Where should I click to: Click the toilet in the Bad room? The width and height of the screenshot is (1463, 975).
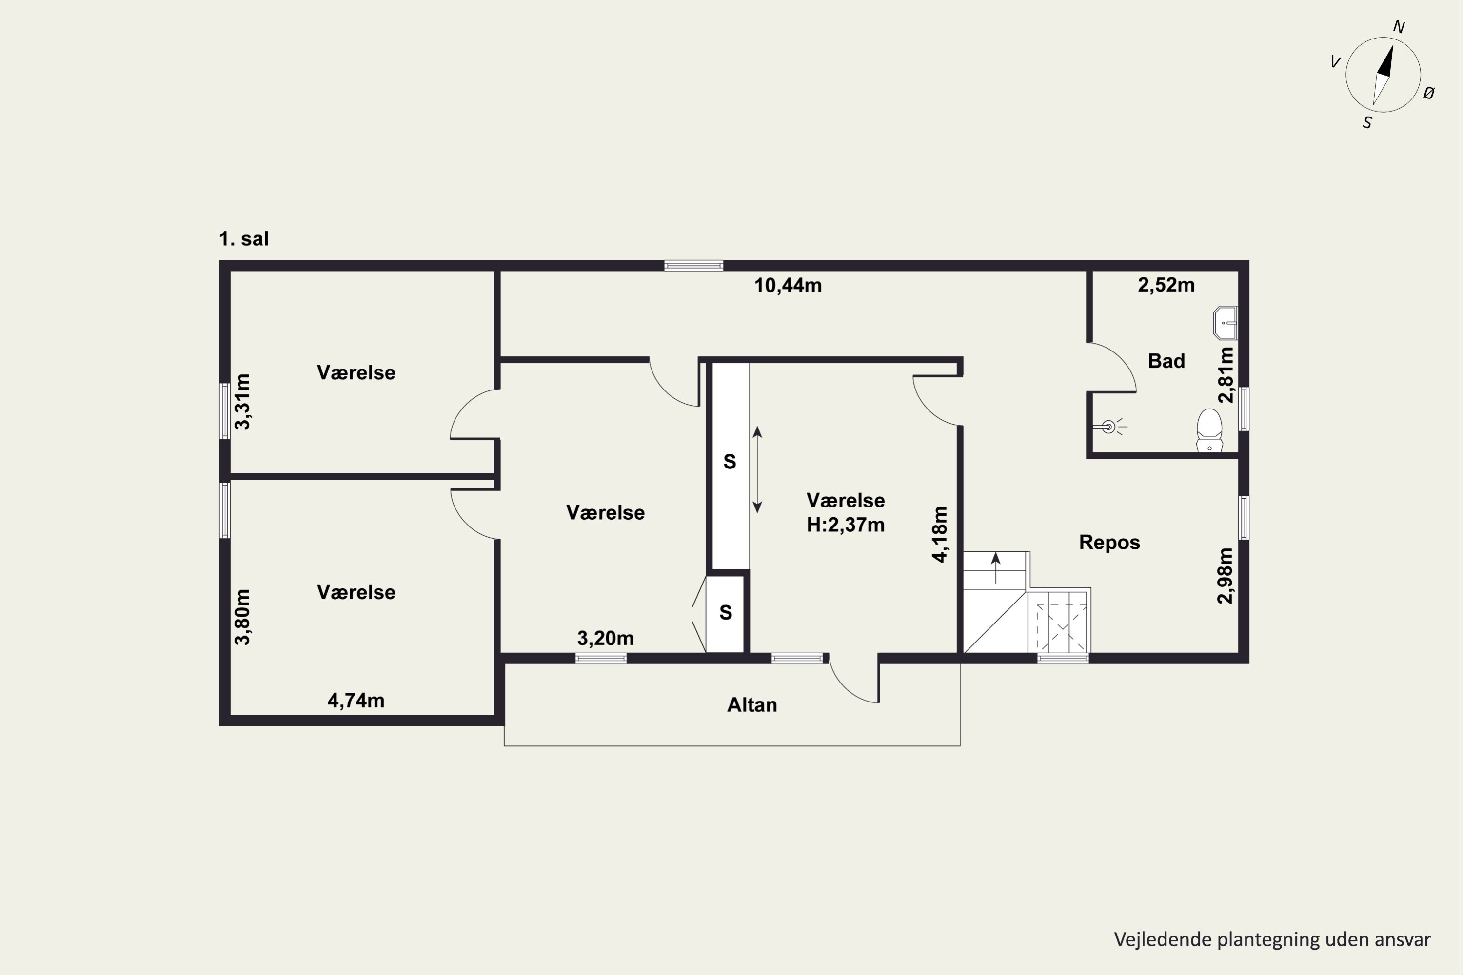[1209, 430]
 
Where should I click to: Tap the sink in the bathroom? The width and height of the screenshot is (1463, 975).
[1225, 323]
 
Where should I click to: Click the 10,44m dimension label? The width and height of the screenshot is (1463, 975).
[788, 285]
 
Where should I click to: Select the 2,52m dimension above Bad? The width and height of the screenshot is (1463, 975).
[1166, 285]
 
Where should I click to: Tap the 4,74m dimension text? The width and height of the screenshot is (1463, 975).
[356, 701]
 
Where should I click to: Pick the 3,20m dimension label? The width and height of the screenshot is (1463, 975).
[605, 638]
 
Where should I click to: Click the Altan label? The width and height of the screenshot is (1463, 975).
[752, 705]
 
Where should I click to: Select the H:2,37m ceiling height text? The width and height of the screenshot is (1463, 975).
[845, 525]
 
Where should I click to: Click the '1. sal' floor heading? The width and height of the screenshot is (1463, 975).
[244, 239]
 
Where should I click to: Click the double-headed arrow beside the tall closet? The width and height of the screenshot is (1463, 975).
[757, 469]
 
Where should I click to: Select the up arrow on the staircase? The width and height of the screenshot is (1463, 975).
[996, 568]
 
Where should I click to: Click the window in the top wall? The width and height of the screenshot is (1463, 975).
[693, 266]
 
